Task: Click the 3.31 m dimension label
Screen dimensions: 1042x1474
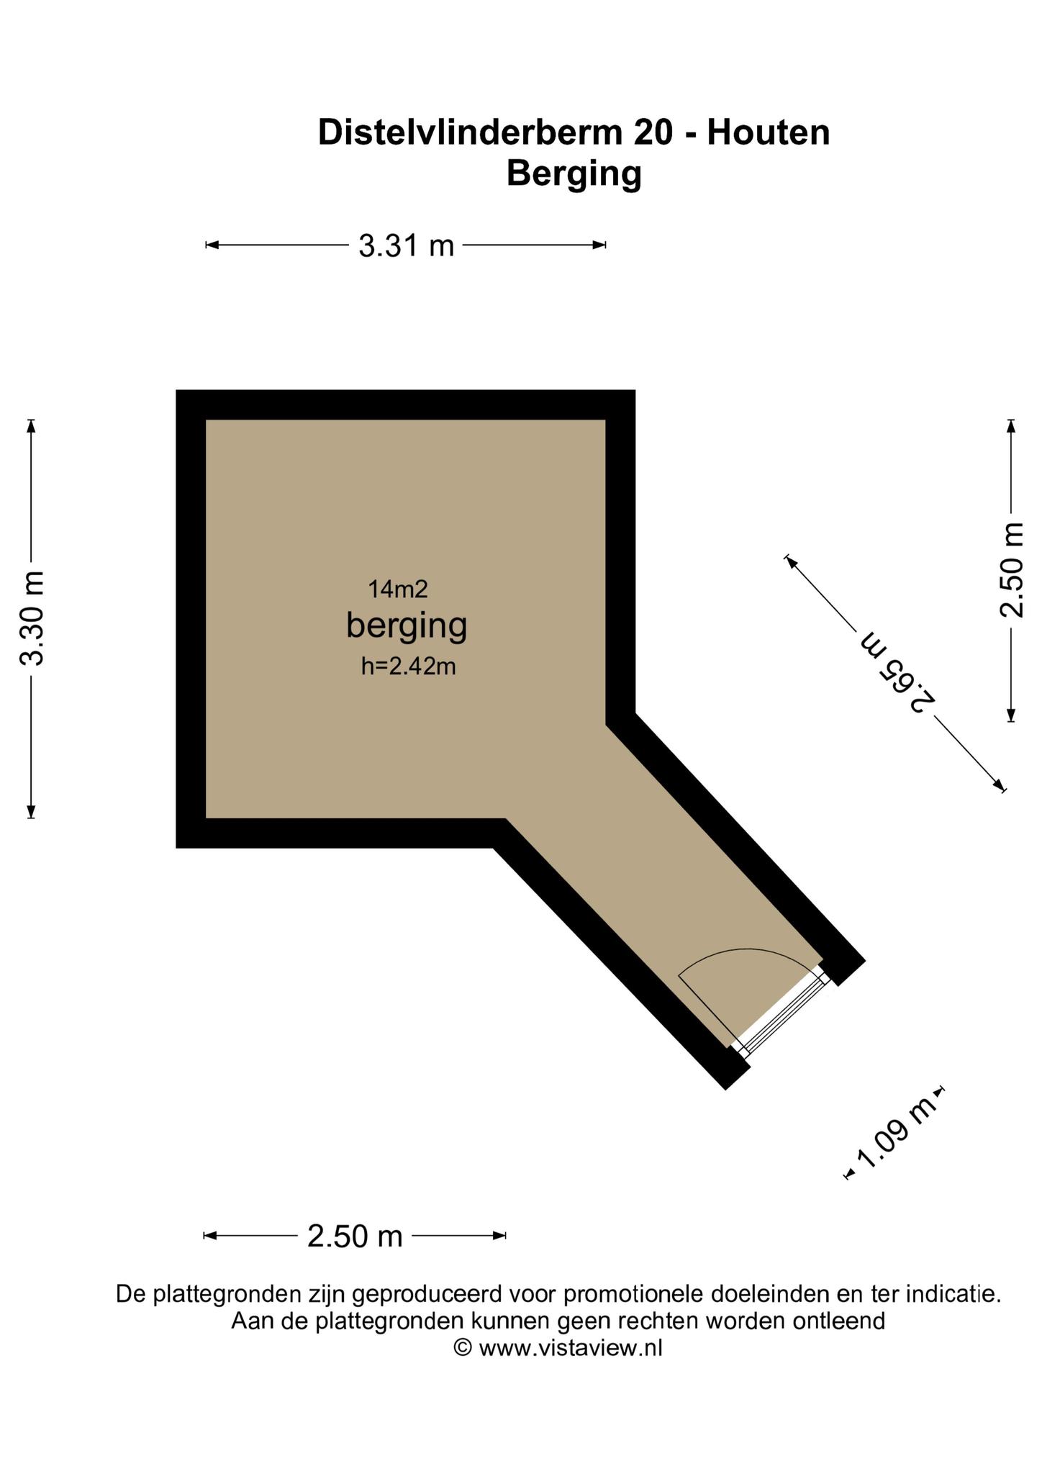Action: point(407,246)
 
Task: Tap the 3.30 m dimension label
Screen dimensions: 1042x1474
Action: point(32,619)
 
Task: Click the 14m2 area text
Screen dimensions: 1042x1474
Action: point(398,589)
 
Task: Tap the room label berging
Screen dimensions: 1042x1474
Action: point(407,625)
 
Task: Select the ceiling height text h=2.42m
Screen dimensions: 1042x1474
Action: point(408,666)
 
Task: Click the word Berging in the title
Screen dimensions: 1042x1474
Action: point(574,174)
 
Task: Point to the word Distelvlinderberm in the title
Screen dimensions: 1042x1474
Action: point(471,132)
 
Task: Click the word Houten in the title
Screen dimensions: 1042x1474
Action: point(769,132)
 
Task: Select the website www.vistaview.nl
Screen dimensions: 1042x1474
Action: point(570,1347)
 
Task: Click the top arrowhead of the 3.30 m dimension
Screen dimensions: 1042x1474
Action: point(30,426)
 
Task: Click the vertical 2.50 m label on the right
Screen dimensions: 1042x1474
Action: point(1012,570)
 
